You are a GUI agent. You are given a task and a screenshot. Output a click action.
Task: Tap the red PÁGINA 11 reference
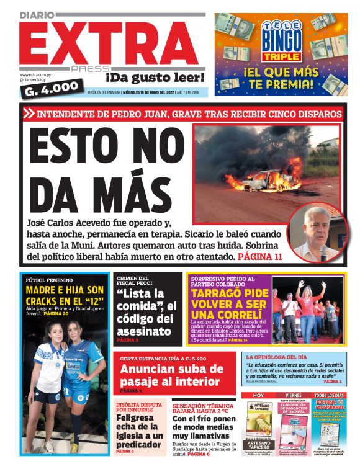pos(261,256)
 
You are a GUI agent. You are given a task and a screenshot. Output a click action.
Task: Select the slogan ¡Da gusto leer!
pos(155,78)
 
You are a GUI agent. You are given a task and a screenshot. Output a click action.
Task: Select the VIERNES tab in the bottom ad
pos(294,395)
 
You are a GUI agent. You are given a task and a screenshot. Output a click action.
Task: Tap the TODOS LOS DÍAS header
pos(329,395)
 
